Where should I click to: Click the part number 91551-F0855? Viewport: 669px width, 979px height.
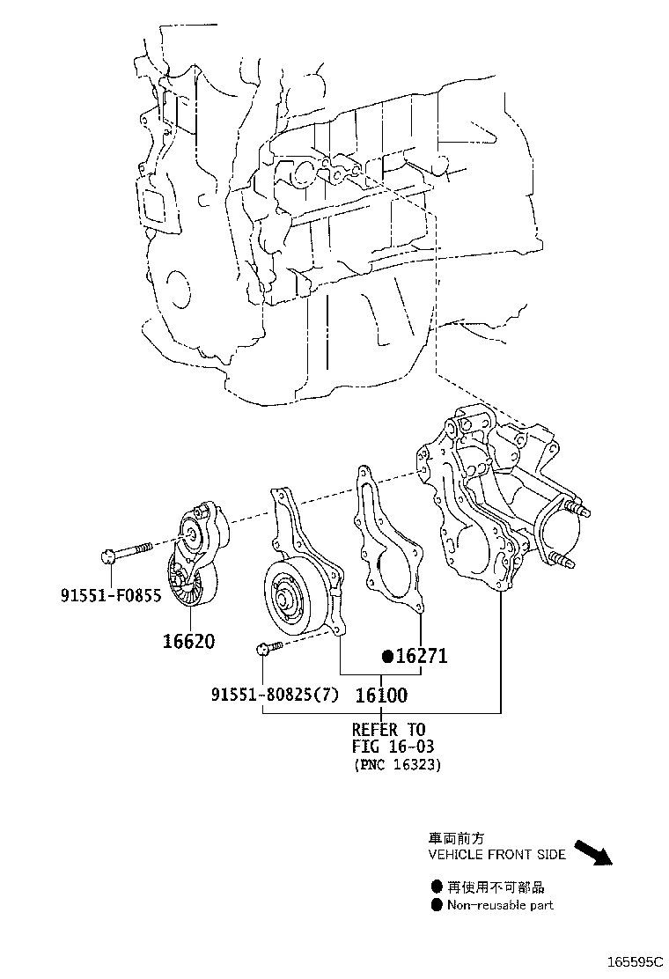tap(111, 596)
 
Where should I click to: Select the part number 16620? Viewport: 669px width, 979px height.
tap(187, 641)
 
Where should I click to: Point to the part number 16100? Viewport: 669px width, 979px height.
tap(381, 696)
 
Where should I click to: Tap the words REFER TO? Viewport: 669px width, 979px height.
tap(388, 730)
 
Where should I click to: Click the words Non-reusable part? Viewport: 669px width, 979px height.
tap(500, 905)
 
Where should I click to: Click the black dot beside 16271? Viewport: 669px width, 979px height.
tap(386, 657)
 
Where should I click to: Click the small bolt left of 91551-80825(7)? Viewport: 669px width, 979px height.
tap(268, 650)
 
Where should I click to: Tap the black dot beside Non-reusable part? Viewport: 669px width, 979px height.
tap(436, 905)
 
